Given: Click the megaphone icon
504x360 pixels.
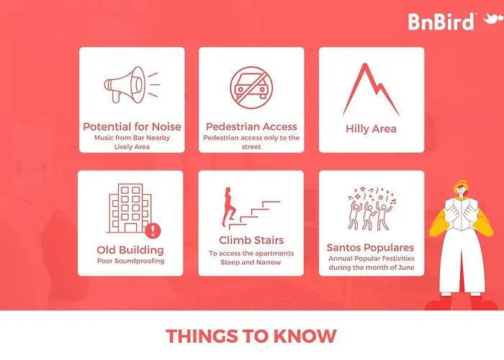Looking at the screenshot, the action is pyautogui.click(x=132, y=85).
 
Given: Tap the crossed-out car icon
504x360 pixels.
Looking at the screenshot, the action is pyautogui.click(x=251, y=87).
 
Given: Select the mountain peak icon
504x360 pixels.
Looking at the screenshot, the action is pyautogui.click(x=371, y=89).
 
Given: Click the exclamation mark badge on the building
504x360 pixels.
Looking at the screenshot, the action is pyautogui.click(x=153, y=230).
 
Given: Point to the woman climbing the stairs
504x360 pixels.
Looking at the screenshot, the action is pyautogui.click(x=228, y=207).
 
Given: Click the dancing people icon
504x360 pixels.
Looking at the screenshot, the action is pyautogui.click(x=372, y=208).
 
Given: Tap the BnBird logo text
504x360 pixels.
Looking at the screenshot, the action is pyautogui.click(x=441, y=22).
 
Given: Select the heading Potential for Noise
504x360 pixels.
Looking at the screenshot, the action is pyautogui.click(x=132, y=127).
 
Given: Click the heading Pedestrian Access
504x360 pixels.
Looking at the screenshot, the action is pyautogui.click(x=251, y=127).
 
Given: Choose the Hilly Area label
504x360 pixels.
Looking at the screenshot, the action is pyautogui.click(x=371, y=129).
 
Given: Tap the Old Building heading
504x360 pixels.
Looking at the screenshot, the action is pyautogui.click(x=130, y=250).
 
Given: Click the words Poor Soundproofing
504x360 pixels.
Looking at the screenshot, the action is pyautogui.click(x=130, y=261).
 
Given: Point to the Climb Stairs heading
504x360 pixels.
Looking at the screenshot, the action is pyautogui.click(x=251, y=240).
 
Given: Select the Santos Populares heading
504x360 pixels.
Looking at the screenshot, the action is pyautogui.click(x=370, y=248).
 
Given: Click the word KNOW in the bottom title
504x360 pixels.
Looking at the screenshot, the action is pyautogui.click(x=305, y=336).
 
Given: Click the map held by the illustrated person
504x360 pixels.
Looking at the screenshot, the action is pyautogui.click(x=462, y=214).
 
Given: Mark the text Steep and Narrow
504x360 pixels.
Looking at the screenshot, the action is pyautogui.click(x=251, y=262).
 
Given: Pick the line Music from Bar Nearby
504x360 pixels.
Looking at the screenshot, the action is pyautogui.click(x=132, y=138).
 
